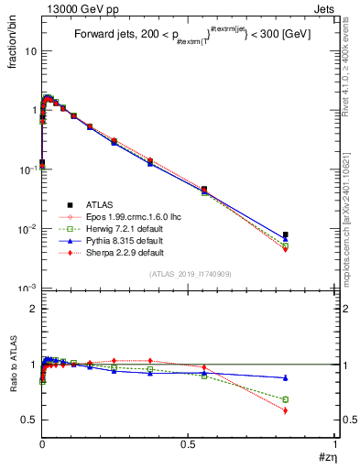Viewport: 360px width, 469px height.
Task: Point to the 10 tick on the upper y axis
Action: (x=30, y=50)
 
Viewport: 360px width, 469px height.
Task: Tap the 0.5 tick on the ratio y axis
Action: (x=30, y=420)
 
